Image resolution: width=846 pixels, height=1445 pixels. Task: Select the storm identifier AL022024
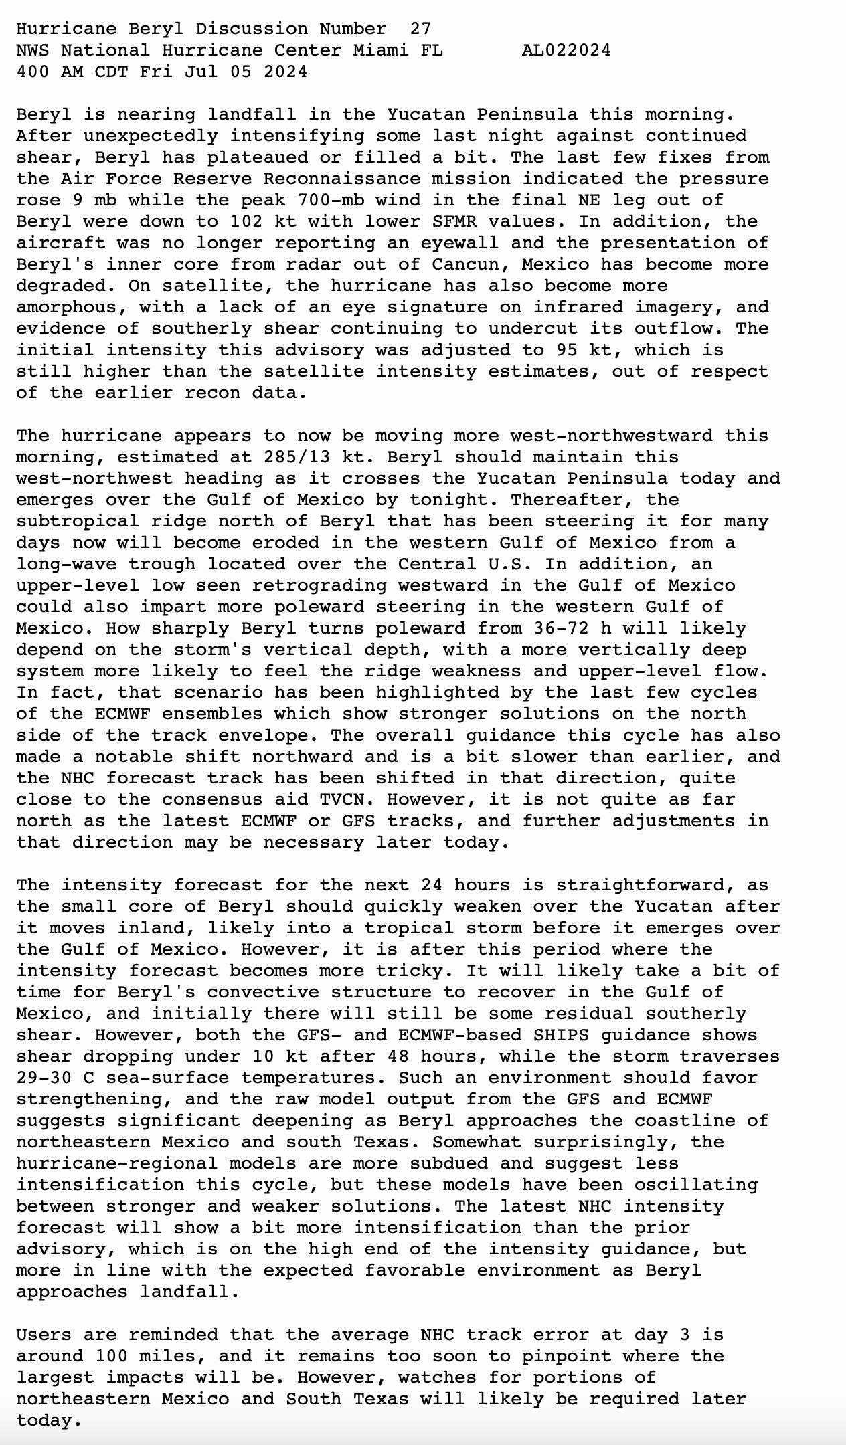(x=566, y=50)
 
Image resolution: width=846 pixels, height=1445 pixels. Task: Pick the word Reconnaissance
(x=342, y=179)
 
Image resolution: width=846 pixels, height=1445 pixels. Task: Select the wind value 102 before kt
(x=246, y=221)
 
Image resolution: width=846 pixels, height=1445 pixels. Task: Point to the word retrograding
(x=319, y=585)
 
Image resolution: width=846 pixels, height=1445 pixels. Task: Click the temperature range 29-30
(x=44, y=1078)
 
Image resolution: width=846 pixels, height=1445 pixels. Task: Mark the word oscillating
(x=696, y=1185)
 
